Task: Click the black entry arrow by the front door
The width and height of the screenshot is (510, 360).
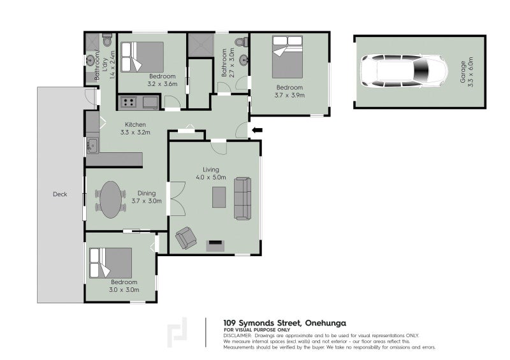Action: click(258, 131)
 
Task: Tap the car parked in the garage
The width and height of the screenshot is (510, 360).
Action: click(404, 71)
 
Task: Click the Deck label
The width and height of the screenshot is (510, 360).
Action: click(60, 194)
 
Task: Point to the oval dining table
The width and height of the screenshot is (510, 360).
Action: click(110, 199)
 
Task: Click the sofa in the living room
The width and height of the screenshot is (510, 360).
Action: click(243, 198)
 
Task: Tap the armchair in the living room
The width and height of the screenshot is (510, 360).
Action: click(186, 238)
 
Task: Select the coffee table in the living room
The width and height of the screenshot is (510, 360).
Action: click(219, 197)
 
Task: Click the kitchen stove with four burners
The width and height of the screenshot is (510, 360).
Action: click(128, 103)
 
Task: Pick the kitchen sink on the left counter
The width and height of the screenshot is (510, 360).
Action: click(92, 145)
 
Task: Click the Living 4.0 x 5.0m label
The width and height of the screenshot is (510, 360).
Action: click(211, 173)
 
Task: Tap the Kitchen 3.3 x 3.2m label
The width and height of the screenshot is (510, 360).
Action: click(135, 129)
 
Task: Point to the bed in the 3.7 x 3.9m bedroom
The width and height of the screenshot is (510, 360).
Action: click(288, 57)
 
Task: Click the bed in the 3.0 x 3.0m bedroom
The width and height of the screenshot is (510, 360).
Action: click(110, 263)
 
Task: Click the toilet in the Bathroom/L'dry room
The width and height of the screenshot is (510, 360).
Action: click(107, 40)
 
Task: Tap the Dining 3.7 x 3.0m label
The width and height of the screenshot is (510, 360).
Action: click(147, 197)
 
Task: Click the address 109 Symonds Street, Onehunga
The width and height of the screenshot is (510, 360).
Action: click(284, 323)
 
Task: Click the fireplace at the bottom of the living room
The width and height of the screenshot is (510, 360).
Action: click(215, 245)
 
